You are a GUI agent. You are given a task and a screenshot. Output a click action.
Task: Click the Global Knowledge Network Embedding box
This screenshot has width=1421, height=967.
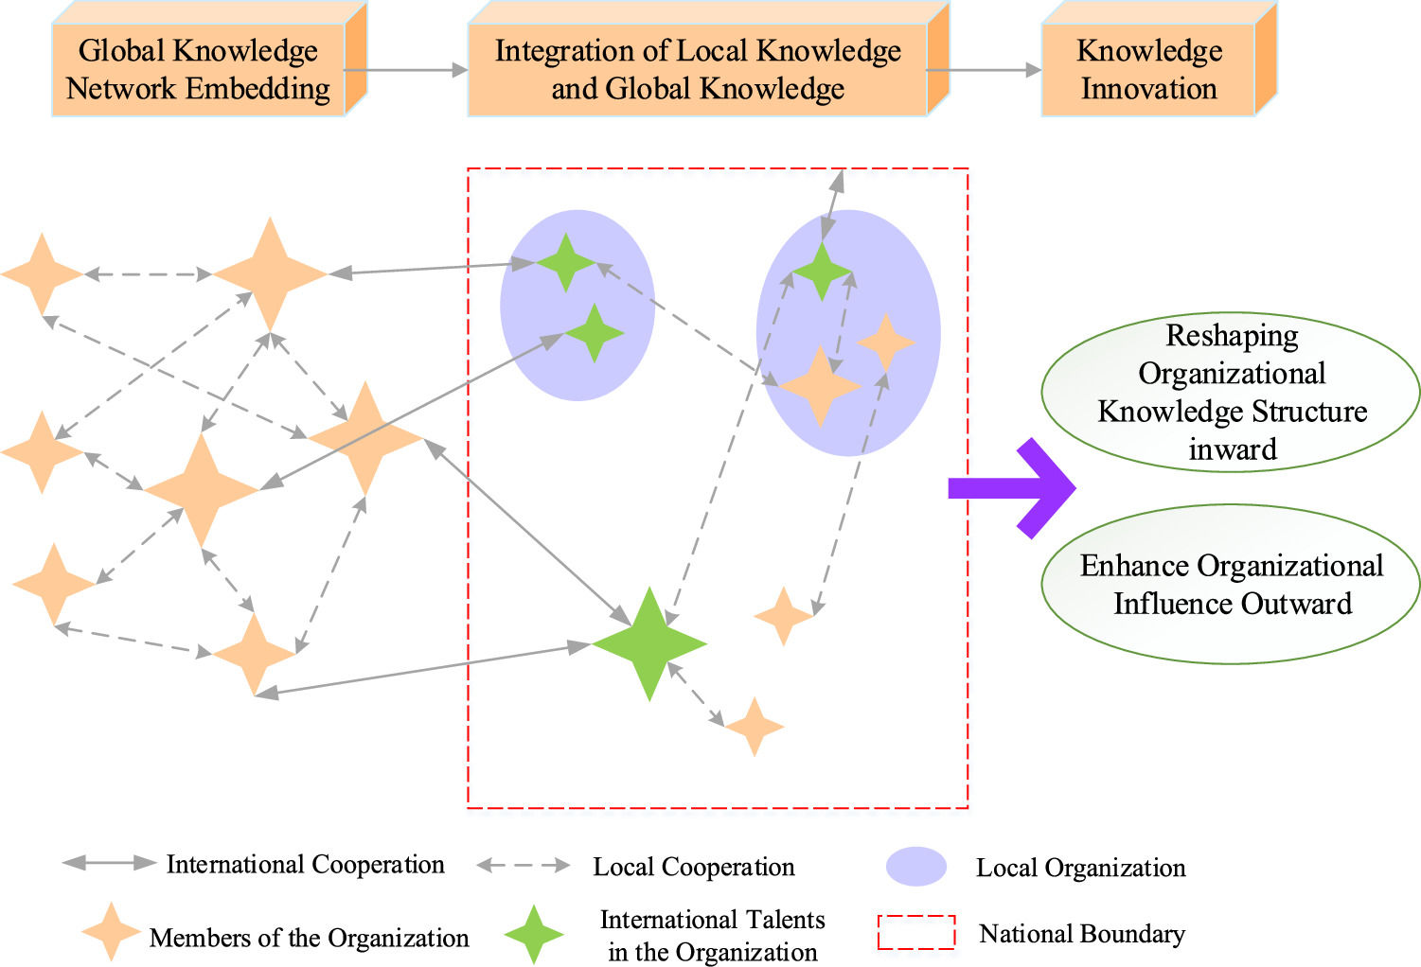pyautogui.click(x=198, y=70)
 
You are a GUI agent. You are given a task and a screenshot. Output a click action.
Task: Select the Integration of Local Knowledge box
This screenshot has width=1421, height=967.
pyautogui.click(x=698, y=70)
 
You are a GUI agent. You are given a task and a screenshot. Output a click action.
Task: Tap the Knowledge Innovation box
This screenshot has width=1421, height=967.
pyautogui.click(x=1148, y=70)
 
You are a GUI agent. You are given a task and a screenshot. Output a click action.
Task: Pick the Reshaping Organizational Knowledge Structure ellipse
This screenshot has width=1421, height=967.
pyautogui.click(x=1231, y=392)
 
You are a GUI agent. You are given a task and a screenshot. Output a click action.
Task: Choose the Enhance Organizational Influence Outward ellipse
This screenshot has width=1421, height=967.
pyautogui.click(x=1231, y=584)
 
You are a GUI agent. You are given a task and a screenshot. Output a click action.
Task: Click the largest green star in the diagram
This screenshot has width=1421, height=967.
pyautogui.click(x=649, y=644)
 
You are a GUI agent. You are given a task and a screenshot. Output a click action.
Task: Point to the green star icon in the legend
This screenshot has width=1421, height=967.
pyautogui.click(x=534, y=934)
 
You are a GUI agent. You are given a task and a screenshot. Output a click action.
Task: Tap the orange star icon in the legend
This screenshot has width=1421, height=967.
pyautogui.click(x=111, y=932)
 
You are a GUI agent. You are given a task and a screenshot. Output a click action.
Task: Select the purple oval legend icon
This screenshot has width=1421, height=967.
pyautogui.click(x=915, y=867)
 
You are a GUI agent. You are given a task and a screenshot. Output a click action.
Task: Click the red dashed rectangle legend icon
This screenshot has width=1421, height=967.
pyautogui.click(x=915, y=932)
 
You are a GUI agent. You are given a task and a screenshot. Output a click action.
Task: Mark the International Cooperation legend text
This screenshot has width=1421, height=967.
pyautogui.click(x=305, y=864)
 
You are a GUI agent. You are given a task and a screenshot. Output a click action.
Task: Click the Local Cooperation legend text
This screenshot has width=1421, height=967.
pyautogui.click(x=693, y=867)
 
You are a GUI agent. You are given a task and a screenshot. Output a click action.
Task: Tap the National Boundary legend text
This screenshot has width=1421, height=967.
pyautogui.click(x=1081, y=934)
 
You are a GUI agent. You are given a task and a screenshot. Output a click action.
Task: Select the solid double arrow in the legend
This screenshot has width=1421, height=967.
pyautogui.click(x=108, y=863)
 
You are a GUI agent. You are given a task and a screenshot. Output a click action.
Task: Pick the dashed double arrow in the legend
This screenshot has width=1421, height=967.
pyautogui.click(x=524, y=865)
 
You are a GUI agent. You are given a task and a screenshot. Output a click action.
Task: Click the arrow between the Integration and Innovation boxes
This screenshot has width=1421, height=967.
pyautogui.click(x=985, y=70)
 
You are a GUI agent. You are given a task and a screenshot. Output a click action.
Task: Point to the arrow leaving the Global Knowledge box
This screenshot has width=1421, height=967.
pyautogui.click(x=406, y=70)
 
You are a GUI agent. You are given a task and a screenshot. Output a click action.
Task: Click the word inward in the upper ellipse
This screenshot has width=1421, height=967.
pyautogui.click(x=1232, y=449)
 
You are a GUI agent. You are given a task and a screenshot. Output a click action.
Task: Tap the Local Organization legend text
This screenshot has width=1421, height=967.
pyautogui.click(x=1080, y=868)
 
